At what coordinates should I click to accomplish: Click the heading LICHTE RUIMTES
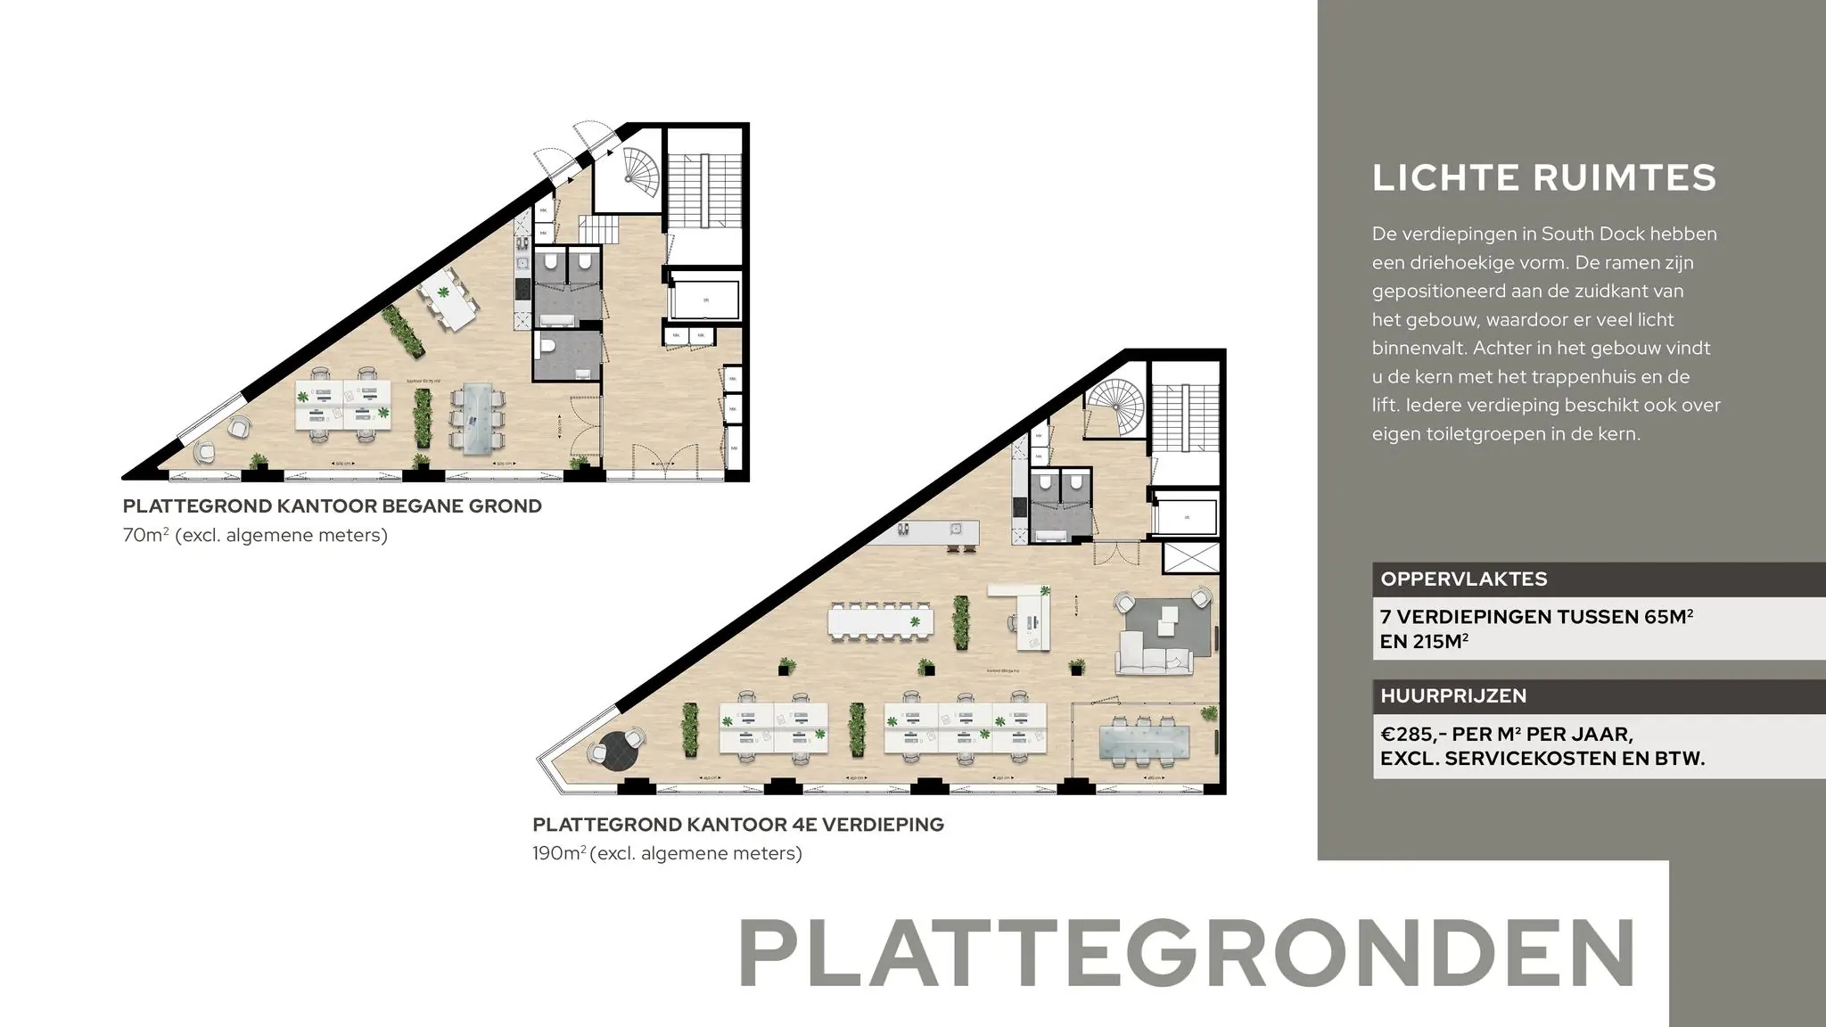pyautogui.click(x=1543, y=177)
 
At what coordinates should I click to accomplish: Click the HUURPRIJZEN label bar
pyautogui.click(x=1452, y=695)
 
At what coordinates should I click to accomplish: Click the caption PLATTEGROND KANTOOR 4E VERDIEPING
pyautogui.click(x=737, y=825)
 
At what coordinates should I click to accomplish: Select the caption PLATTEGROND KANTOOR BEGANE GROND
pyautogui.click(x=332, y=506)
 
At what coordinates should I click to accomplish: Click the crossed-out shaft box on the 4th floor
pyautogui.click(x=1190, y=558)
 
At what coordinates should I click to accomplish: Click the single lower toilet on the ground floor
pyautogui.click(x=550, y=347)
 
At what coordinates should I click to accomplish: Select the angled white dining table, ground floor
pyautogui.click(x=448, y=298)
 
